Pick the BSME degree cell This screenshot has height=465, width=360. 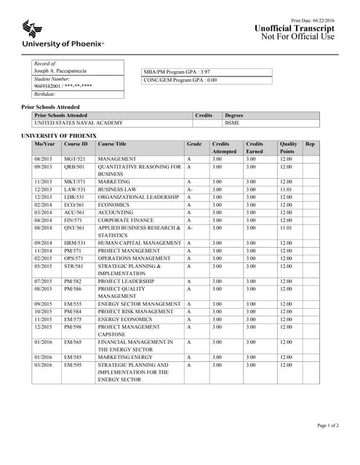coord(233,123)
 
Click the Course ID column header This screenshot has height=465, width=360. coord(76,144)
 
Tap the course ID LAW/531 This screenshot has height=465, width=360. coord(75,189)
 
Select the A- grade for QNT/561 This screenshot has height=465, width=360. coord(190,227)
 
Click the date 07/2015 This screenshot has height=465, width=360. coord(43,281)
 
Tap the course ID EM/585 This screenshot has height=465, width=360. coord(73,357)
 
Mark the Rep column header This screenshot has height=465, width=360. coord(310,144)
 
